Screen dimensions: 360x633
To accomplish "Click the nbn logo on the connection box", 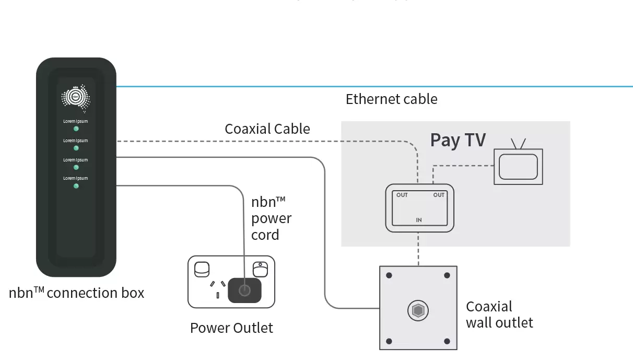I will pos(76,98).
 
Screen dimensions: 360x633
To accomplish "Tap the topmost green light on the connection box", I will pos(76,129).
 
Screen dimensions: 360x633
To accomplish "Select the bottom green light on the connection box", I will pos(76,185).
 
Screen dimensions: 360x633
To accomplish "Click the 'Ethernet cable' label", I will pos(391,99).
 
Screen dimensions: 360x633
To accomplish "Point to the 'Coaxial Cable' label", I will pos(267,129).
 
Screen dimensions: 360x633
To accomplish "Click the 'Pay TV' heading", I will pos(458,140).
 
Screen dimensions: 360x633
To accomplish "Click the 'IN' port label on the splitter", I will pos(419,220).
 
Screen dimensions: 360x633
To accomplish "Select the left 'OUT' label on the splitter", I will pos(402,195).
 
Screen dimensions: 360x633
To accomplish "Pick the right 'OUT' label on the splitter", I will pos(439,195).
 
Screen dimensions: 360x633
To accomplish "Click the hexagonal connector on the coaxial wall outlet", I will pos(418,310).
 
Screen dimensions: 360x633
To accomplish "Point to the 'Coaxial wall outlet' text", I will pos(499,314).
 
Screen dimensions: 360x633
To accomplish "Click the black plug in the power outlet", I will pos(244,290).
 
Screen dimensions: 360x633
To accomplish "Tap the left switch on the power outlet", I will pos(202,269).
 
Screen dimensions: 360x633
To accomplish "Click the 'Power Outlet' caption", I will pos(231,328).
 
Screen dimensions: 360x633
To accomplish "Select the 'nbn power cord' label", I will pos(271,218).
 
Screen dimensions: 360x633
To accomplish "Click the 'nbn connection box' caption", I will pos(76,293).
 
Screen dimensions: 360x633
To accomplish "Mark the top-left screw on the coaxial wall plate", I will pos(389,276).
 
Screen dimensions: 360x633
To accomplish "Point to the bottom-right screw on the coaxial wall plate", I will pos(447,341).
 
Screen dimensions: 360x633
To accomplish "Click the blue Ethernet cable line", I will pos(366,86).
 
